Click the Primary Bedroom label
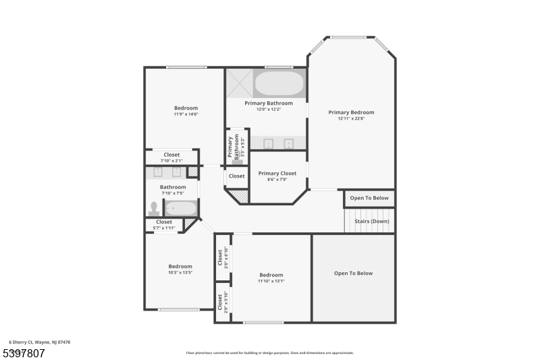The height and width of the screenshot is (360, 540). pyautogui.click(x=351, y=113)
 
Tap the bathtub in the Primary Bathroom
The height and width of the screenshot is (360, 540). pyautogui.click(x=279, y=84)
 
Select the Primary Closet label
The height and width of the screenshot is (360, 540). pyautogui.click(x=277, y=174)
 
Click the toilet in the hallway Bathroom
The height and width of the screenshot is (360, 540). pyautogui.click(x=154, y=208)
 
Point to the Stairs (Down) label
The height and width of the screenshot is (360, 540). pyautogui.click(x=371, y=221)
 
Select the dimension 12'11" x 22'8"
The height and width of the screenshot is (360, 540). pyautogui.click(x=351, y=119)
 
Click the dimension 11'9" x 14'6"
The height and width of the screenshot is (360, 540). pyautogui.click(x=186, y=114)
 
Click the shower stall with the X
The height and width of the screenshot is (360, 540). pyautogui.click(x=239, y=83)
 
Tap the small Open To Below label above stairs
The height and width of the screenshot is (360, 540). pyautogui.click(x=370, y=198)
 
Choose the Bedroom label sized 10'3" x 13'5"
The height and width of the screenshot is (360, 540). pyautogui.click(x=180, y=266)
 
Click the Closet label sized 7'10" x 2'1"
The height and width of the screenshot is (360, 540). pyautogui.click(x=171, y=155)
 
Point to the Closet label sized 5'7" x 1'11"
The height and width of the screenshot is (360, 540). pyautogui.click(x=164, y=222)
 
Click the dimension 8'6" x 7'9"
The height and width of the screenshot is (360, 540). pyautogui.click(x=277, y=180)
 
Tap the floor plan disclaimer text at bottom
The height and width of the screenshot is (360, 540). pyautogui.click(x=269, y=353)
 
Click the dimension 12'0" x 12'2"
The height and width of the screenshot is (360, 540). pyautogui.click(x=269, y=109)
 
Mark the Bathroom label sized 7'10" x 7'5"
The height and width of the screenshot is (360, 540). pyautogui.click(x=173, y=187)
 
